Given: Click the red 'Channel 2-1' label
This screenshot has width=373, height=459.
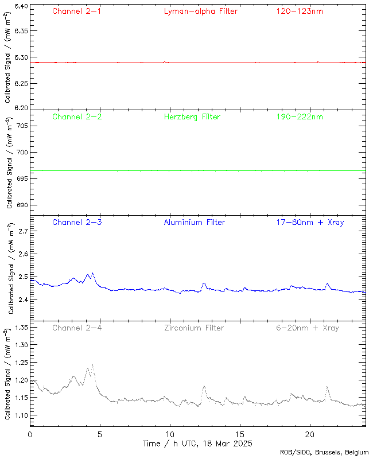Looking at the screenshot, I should pyautogui.click(x=77, y=11).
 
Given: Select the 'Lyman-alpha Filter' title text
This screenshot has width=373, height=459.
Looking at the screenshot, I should pyautogui.click(x=200, y=11).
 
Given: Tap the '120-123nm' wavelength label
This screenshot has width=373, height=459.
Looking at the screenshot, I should pyautogui.click(x=299, y=11).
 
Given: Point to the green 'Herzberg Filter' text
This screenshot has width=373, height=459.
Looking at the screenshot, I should pyautogui.click(x=192, y=116).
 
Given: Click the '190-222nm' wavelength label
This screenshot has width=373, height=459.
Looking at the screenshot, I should pyautogui.click(x=299, y=116).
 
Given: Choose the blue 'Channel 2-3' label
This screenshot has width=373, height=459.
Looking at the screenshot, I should pyautogui.click(x=77, y=222).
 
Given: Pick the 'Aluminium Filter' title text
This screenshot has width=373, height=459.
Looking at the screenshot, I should pyautogui.click(x=194, y=222).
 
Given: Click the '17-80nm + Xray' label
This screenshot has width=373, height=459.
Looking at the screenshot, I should pyautogui.click(x=310, y=222).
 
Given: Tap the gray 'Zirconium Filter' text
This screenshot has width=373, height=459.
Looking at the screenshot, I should pyautogui.click(x=194, y=328).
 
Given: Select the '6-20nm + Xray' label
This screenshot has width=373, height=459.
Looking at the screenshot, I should pyautogui.click(x=307, y=328).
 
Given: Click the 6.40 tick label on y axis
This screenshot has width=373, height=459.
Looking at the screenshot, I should pyautogui.click(x=20, y=7).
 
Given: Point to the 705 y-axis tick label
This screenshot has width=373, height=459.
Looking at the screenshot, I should pyautogui.click(x=21, y=126).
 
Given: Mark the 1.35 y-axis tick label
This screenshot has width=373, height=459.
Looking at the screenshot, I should pyautogui.click(x=20, y=328).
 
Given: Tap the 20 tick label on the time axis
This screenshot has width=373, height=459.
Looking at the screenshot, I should pyautogui.click(x=310, y=434).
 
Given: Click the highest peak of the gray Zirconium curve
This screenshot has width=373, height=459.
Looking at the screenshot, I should pyautogui.click(x=92, y=364).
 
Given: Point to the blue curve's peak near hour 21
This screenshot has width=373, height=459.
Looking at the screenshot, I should pyautogui.click(x=327, y=283).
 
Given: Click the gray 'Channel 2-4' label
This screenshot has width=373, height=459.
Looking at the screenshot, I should pyautogui.click(x=77, y=328).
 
